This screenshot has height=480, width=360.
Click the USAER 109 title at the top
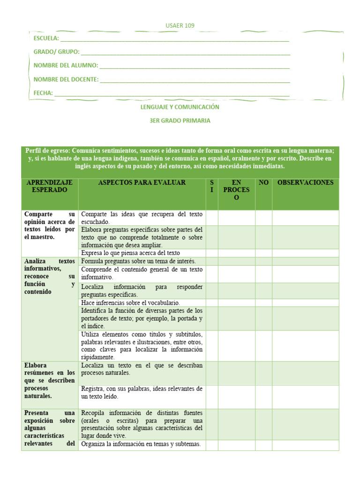(180, 25)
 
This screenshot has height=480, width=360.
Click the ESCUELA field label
(46, 38)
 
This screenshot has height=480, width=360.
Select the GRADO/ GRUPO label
(56, 52)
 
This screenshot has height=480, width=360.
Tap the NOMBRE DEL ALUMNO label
(66, 66)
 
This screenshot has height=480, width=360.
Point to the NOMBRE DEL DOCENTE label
(66, 79)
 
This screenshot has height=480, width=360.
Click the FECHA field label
(43, 93)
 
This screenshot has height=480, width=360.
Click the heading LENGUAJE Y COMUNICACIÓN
(180, 107)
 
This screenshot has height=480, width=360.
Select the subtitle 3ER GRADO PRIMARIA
(180, 120)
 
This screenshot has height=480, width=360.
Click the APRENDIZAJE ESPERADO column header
(50, 186)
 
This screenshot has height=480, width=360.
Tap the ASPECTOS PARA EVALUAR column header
(142, 182)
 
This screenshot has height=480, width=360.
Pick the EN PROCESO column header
(236, 190)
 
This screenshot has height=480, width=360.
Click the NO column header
(263, 182)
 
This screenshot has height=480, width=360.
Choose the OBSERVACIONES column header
(305, 182)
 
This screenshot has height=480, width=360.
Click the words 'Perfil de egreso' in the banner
(46, 150)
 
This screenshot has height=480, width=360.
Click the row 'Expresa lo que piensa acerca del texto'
(130, 253)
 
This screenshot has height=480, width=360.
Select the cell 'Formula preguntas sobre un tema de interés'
(138, 261)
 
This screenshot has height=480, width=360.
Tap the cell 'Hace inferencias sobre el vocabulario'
(130, 303)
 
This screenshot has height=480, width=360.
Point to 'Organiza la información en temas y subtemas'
(141, 444)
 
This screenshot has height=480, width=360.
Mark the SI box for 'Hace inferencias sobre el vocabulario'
(212, 303)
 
